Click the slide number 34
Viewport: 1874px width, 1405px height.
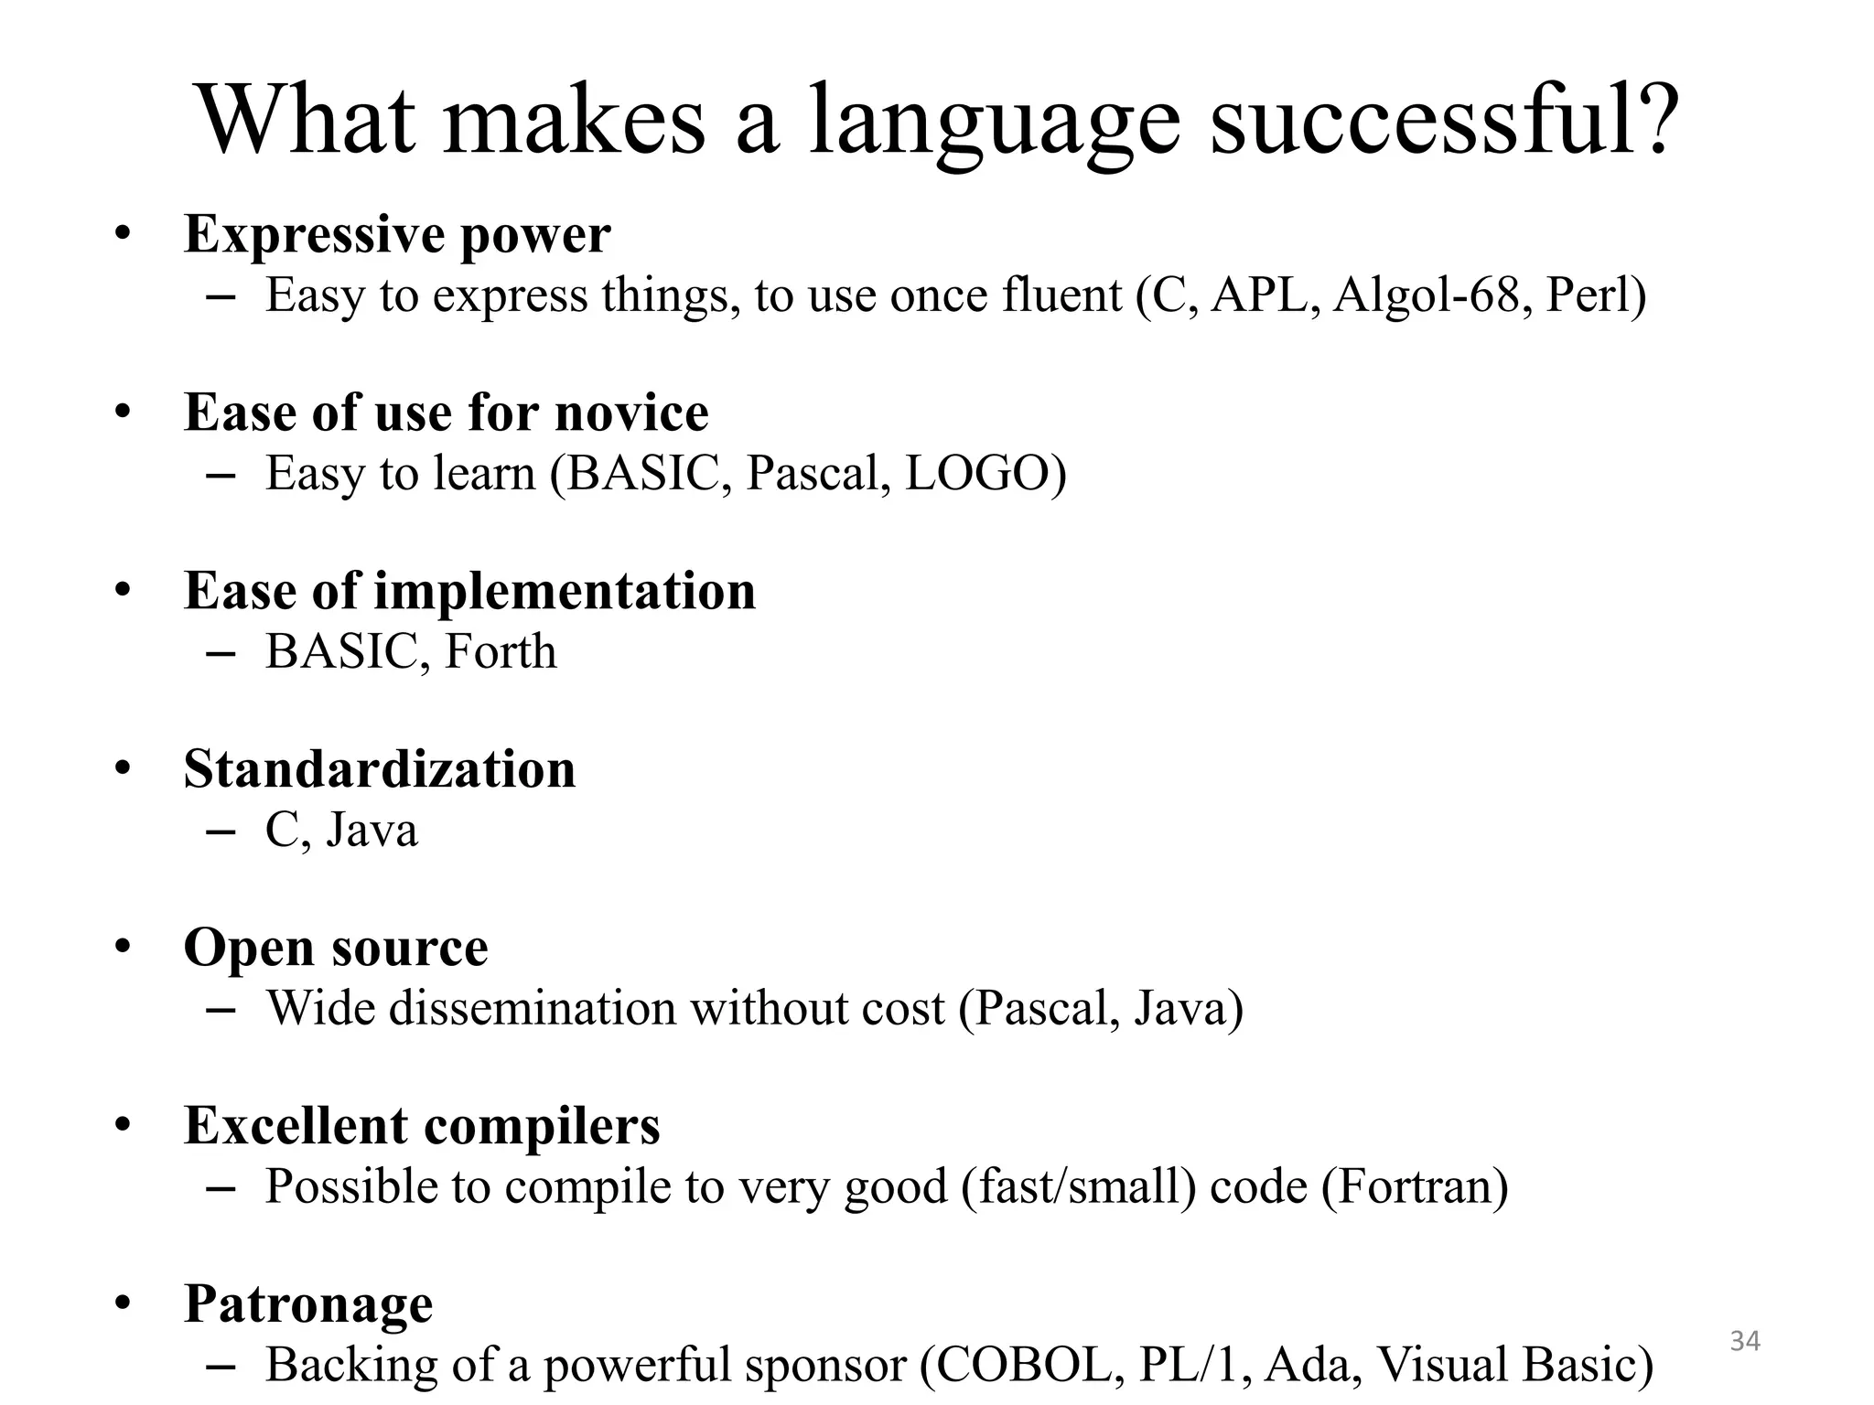pos(1745,1341)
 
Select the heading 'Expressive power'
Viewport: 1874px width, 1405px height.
pos(397,234)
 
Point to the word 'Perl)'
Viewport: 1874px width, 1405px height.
pos(1596,295)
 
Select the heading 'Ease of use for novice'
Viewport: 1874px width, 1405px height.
pos(446,413)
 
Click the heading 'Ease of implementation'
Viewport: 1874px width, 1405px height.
pos(469,591)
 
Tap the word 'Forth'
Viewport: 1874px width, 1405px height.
pos(500,651)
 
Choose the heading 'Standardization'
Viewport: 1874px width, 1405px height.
pos(380,769)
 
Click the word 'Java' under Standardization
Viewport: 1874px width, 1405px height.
pos(372,830)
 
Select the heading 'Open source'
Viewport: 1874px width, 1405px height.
pos(336,948)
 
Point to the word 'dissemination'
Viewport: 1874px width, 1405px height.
pos(533,1008)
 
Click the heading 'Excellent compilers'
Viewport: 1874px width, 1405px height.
pos(422,1126)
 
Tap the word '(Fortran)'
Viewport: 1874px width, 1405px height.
pos(1415,1186)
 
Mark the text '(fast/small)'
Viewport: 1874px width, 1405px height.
pos(1079,1186)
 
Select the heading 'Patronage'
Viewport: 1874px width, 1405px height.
pos(308,1304)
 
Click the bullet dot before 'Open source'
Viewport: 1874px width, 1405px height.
pos(124,948)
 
